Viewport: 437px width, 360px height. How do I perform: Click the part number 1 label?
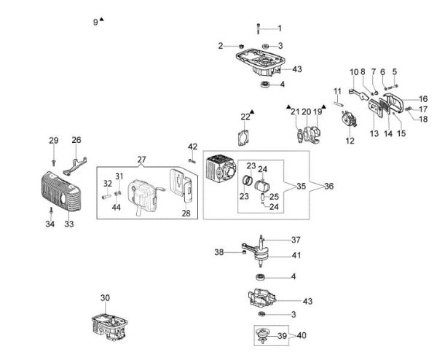point(279,28)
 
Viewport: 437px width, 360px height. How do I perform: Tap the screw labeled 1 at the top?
point(259,29)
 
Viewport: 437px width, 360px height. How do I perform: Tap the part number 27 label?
point(141,159)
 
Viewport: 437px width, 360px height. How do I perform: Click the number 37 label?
point(296,240)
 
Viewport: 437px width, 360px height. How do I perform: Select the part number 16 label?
point(423,98)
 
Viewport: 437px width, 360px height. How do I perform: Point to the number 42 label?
point(192,147)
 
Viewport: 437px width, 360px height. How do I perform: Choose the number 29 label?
point(53,141)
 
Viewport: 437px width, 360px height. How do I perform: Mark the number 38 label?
point(219,253)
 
